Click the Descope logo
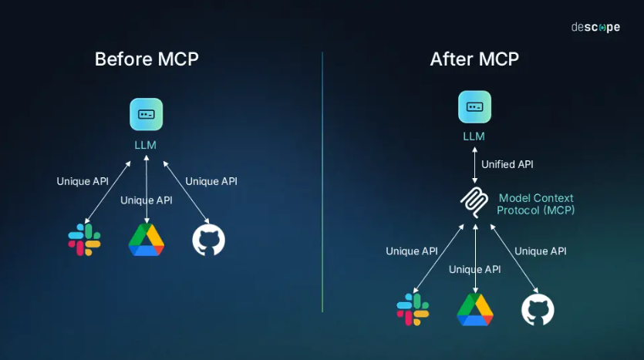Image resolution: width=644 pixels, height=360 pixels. pyautogui.click(x=595, y=27)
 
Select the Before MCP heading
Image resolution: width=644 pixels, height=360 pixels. pyautogui.click(x=147, y=59)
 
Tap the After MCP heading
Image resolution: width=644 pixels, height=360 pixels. pyautogui.click(x=474, y=59)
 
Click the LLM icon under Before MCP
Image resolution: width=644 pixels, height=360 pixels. pyautogui.click(x=146, y=114)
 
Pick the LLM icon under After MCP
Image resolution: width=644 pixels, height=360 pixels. pyautogui.click(x=474, y=107)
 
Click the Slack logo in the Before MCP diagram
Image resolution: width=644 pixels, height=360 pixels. pyautogui.click(x=84, y=240)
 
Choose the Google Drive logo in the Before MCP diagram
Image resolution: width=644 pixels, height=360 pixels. pyautogui.click(x=147, y=240)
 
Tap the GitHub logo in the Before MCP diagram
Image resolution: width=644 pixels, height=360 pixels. pyautogui.click(x=208, y=241)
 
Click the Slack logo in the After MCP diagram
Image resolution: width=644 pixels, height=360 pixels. pyautogui.click(x=413, y=309)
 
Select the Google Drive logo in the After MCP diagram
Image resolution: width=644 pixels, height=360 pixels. pyautogui.click(x=475, y=309)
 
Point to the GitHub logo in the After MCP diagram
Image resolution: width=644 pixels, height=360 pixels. pyautogui.click(x=538, y=310)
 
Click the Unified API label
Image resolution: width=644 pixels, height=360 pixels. pyautogui.click(x=507, y=164)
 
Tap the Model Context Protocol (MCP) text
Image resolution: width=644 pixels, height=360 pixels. pyautogui.click(x=535, y=204)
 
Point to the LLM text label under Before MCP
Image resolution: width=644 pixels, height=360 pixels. pyautogui.click(x=146, y=143)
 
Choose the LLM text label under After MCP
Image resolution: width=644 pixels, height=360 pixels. pyautogui.click(x=474, y=136)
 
